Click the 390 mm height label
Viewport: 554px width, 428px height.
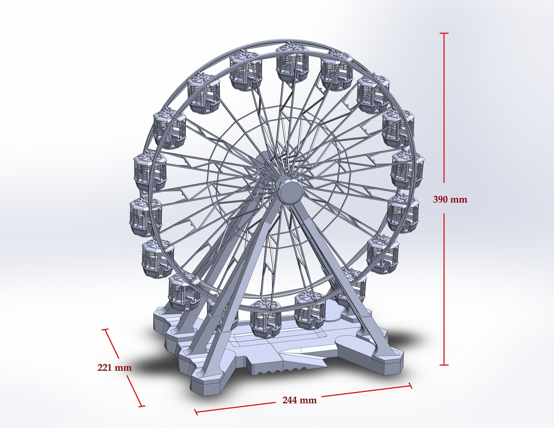click(450, 200)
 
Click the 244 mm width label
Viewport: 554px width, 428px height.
click(299, 400)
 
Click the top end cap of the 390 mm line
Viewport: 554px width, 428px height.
click(444, 33)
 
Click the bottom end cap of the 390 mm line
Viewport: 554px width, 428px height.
click(444, 365)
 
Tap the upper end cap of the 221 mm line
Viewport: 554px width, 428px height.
click(105, 330)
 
